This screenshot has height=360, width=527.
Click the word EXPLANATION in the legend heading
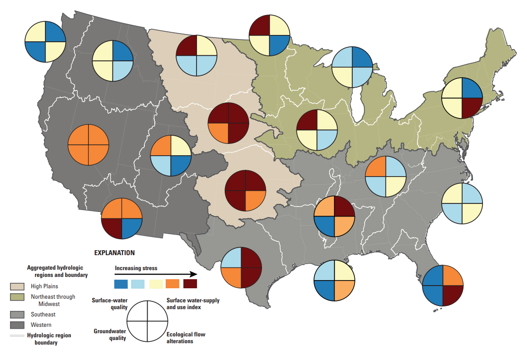pos(114,252)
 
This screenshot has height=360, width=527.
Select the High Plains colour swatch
pos(17,286)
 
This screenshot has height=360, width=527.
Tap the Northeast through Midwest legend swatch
pos(17,297)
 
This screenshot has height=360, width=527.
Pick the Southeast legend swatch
pos(17,314)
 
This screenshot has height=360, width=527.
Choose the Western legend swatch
pos(17,325)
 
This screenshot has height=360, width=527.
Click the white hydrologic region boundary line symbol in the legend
pos(17,336)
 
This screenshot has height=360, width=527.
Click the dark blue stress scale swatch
pos(121,284)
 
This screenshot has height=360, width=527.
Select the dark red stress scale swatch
pos(190,284)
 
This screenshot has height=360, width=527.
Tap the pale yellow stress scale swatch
pos(156,284)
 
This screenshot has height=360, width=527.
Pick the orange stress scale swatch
pos(173,284)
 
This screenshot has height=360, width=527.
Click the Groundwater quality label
pos(109,335)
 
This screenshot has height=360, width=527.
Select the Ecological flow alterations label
pos(186,338)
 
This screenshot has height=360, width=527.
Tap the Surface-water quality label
pos(109,303)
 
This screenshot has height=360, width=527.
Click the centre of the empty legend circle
pos(147,321)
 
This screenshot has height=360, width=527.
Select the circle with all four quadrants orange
pos(89,145)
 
